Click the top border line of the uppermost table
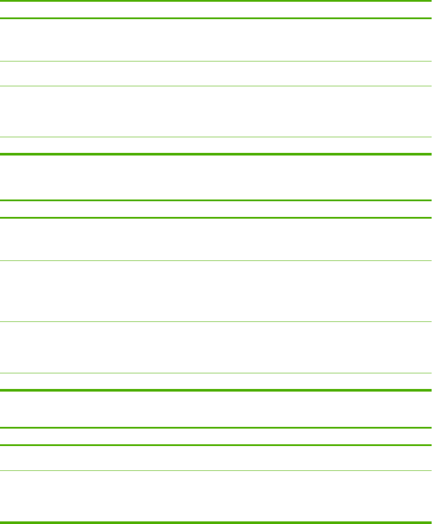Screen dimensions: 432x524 [216, 1]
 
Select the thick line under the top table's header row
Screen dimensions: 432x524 [216, 18]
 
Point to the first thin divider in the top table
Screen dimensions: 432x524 [216, 61]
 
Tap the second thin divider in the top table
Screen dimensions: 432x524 [216, 86]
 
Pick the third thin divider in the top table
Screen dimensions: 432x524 [216, 138]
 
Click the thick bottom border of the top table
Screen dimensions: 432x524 [216, 154]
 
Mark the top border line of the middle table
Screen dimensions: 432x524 [216, 200]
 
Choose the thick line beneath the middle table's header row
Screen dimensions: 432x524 [216, 217]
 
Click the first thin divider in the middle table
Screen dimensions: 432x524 [216, 261]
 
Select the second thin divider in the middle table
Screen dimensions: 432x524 [216, 322]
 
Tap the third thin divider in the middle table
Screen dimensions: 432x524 [216, 373]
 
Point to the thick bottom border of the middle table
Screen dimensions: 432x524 [216, 390]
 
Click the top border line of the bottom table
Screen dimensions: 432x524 [216, 428]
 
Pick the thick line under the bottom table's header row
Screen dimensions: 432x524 [216, 445]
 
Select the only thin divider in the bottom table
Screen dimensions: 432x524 [216, 470]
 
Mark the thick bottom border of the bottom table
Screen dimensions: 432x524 [216, 522]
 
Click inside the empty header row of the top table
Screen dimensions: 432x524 [216, 10]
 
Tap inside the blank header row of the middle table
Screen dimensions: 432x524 [216, 209]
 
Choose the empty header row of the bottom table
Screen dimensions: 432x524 [216, 436]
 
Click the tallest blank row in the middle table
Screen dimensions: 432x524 [216, 291]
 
